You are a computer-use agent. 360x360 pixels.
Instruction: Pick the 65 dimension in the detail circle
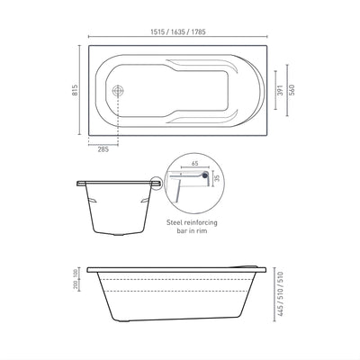[x=196, y=166]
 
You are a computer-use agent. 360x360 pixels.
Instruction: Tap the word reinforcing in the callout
[x=204, y=220]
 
